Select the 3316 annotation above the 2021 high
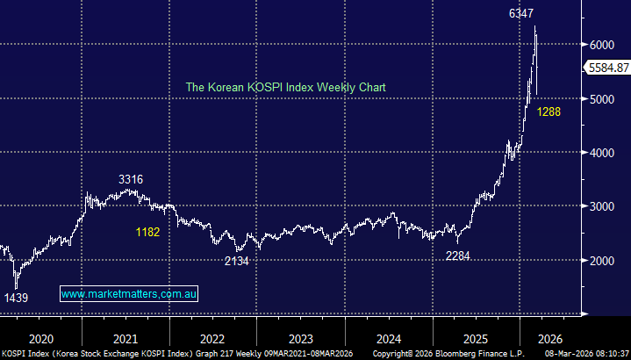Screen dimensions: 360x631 (132, 179)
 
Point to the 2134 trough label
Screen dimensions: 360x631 (237, 261)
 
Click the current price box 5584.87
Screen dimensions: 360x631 (606, 68)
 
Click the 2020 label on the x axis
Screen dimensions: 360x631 (41, 337)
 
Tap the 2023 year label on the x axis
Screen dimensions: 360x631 (301, 337)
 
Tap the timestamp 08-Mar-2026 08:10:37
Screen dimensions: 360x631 (584, 353)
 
